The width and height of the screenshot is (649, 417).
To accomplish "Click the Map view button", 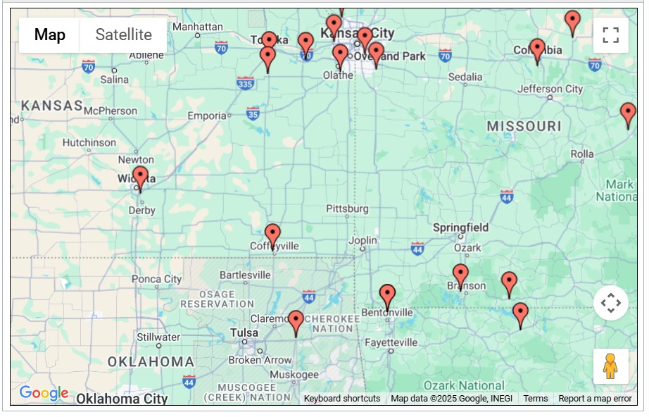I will [50, 35].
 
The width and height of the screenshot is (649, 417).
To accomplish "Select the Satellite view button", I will [123, 35].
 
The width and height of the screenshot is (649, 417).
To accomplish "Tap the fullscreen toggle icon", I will [610, 35].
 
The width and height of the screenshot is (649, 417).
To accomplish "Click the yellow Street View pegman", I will [610, 366].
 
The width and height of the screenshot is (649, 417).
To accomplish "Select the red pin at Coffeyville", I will [272, 235].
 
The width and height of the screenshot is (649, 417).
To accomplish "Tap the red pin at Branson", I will [460, 275].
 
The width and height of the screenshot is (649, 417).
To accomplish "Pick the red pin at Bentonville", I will [387, 296].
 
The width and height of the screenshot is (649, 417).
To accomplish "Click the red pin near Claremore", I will [296, 322].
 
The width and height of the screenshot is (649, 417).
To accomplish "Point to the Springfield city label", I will [460, 228].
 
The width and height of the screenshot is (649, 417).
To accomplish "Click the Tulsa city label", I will [244, 332].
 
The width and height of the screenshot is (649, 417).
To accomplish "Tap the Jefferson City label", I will [550, 89].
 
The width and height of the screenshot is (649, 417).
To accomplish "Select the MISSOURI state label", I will [524, 126].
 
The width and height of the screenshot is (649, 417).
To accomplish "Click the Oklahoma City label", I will [122, 399].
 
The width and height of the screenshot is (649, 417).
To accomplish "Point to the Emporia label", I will [206, 116].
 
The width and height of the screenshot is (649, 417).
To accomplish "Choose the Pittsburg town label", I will [347, 208].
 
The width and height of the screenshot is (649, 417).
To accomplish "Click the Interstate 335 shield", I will [245, 84].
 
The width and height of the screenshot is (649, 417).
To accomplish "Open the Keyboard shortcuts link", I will [341, 399].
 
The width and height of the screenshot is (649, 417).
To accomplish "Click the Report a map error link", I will [595, 399].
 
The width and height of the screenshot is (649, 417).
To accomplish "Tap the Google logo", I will [44, 393].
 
